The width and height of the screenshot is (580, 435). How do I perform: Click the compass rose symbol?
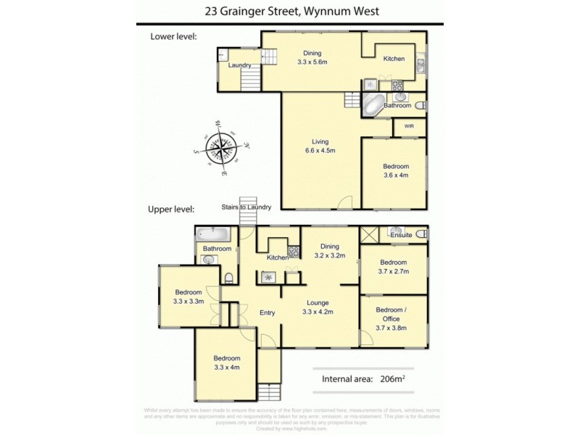[x=221, y=149]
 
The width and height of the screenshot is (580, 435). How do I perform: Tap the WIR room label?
[x=408, y=126]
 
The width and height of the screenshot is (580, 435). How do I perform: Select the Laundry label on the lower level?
[x=239, y=66]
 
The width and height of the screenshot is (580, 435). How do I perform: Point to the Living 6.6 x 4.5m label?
[x=320, y=146]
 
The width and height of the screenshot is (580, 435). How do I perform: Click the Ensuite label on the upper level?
[x=401, y=235]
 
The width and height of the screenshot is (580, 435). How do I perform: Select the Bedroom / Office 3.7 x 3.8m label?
[x=391, y=319]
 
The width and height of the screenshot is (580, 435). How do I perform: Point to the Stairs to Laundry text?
[x=246, y=207]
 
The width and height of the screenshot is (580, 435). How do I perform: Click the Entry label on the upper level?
[x=268, y=312]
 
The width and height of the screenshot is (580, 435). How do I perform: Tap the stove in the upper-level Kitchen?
[x=294, y=252]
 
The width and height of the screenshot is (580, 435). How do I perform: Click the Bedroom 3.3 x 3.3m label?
[x=187, y=297]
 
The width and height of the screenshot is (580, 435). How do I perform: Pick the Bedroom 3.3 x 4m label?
[x=226, y=362]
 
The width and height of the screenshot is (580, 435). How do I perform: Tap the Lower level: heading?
[x=173, y=36]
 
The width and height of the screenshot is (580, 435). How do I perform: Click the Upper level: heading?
[x=172, y=209]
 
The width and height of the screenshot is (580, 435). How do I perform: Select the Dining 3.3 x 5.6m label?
[x=312, y=58]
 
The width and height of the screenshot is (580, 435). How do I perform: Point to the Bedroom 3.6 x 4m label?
[x=396, y=170]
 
